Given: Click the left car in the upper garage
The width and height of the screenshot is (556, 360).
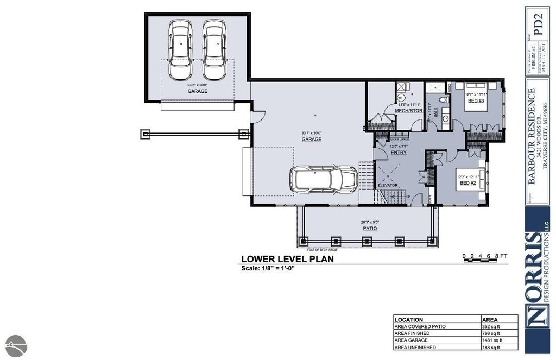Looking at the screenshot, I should coord(180,50).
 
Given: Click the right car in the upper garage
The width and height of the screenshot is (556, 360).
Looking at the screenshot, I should coord(214,50).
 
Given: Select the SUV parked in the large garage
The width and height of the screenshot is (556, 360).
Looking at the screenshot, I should coord(323,178).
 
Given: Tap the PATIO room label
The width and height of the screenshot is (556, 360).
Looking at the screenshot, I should coord(370,228).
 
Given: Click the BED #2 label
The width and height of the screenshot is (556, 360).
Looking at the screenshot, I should coord(467,183).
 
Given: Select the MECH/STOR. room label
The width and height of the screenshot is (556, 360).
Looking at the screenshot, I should coord(409,111).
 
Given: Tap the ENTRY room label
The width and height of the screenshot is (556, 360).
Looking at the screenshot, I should coord(399,153).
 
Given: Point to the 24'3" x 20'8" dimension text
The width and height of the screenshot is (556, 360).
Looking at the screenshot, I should coord(198,85).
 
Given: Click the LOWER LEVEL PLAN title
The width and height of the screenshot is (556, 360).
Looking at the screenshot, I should coord(287,260).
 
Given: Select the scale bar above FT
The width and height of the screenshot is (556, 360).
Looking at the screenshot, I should coord(482,261).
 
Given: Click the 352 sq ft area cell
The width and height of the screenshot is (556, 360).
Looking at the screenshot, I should coord(491,326).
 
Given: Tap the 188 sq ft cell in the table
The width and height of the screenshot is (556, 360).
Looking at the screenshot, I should coord(491,347).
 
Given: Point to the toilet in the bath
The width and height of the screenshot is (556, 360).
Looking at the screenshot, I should coord(443,101).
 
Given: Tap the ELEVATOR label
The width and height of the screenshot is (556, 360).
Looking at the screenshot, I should coord(388,185).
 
